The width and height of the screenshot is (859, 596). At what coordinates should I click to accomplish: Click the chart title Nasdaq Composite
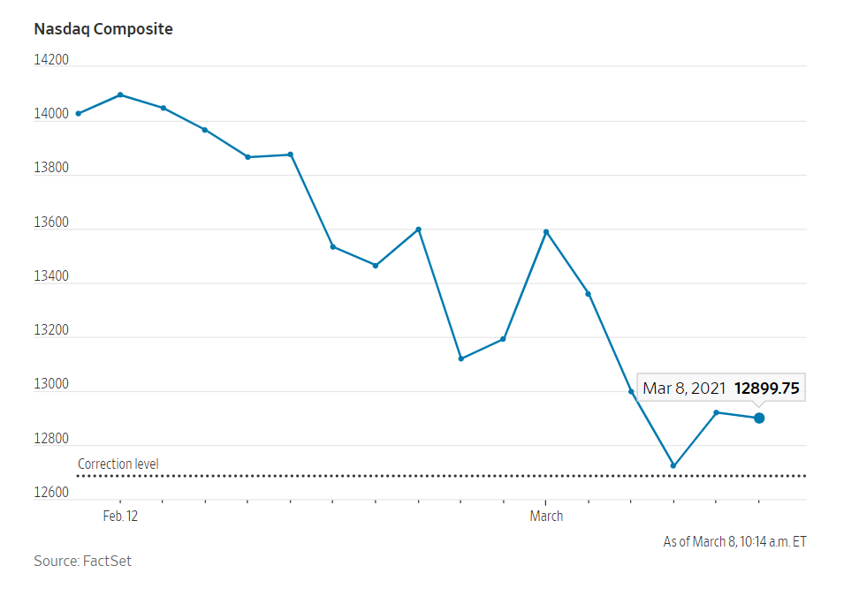(103, 29)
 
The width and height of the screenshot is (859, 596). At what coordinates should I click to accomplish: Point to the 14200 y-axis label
(51, 60)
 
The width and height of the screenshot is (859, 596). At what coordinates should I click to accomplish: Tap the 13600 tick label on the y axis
(51, 223)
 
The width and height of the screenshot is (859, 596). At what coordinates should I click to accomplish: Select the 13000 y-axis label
(51, 385)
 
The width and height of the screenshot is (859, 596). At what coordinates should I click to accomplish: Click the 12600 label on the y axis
(51, 493)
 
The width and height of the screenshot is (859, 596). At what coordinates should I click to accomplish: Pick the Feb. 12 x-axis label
(120, 517)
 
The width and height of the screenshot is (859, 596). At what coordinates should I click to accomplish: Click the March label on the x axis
(546, 517)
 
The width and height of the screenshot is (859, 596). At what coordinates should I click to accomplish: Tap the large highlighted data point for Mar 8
(759, 418)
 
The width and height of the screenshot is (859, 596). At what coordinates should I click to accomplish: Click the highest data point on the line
(120, 94)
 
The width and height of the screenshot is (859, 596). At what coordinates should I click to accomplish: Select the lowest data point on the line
(673, 465)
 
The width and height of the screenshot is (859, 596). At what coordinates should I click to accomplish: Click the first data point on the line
(78, 113)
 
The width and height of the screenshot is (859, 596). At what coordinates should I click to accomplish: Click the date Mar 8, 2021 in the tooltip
(684, 388)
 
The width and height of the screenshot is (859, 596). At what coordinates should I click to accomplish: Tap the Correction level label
(118, 464)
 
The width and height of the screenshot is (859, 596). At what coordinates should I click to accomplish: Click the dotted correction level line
(442, 476)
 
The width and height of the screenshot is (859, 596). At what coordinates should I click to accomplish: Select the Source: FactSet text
(82, 562)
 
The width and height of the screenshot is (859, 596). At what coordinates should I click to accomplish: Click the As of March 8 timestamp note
(734, 542)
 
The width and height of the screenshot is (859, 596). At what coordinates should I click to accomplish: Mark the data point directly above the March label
(546, 231)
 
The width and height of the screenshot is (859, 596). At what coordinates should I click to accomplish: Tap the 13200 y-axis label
(51, 331)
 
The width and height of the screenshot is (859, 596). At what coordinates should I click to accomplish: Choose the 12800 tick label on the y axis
(51, 439)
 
